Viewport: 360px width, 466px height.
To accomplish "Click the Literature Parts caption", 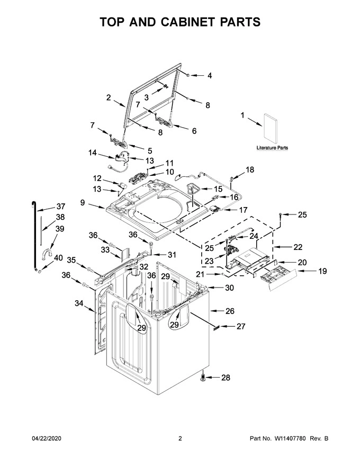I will click(x=272, y=148).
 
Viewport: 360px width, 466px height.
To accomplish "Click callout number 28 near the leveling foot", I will click(x=226, y=378).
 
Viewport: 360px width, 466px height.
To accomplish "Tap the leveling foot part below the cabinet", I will click(x=203, y=377).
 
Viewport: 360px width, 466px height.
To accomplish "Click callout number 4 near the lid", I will click(x=209, y=76).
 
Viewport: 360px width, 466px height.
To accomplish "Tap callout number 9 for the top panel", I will click(x=83, y=202).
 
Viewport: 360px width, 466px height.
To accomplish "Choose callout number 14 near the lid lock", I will click(x=92, y=153).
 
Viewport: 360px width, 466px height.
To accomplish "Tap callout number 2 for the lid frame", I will click(x=108, y=97).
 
